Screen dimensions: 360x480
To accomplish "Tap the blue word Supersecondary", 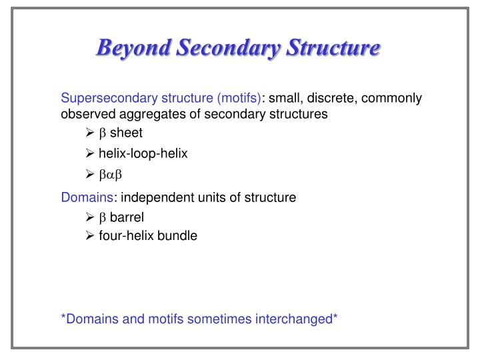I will point(103,98).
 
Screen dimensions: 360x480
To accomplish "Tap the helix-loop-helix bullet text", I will point(143,154).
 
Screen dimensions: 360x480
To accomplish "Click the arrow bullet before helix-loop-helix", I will point(91,154).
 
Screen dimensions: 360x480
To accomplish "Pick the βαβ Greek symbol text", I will point(112,175).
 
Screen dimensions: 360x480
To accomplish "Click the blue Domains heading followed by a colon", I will point(87,197).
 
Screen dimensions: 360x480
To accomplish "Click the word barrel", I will point(127,217).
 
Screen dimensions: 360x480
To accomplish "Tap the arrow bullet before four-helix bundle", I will point(91,235).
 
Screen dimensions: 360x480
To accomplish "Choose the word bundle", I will point(177,235).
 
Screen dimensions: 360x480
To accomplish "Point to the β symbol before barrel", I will point(103,217).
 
